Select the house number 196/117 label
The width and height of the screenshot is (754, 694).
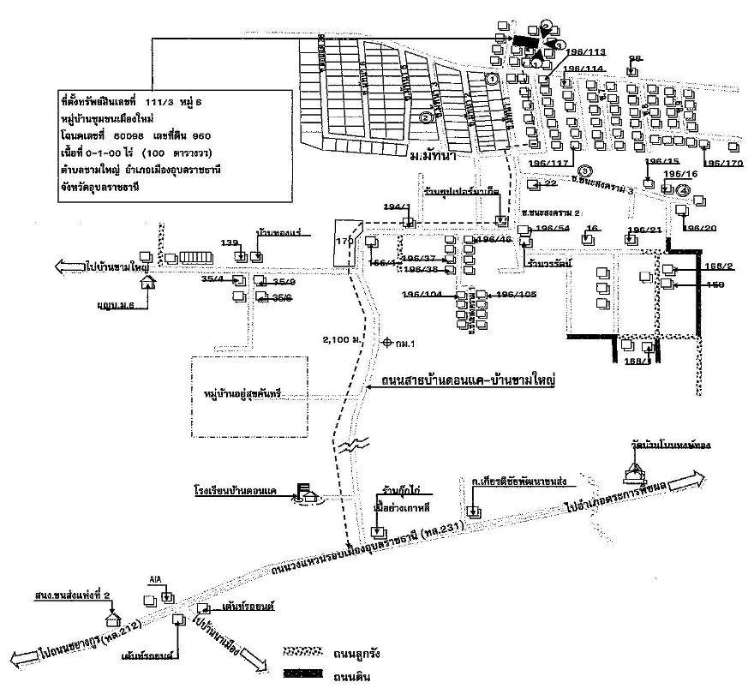[x=549, y=163]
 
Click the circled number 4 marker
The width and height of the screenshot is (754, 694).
[x=683, y=189]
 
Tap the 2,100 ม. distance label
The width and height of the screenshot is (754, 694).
[x=337, y=340]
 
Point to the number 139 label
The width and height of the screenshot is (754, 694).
[x=229, y=244]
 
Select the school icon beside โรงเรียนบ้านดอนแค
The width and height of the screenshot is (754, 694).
[x=307, y=494]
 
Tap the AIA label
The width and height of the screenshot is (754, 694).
[x=155, y=579]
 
